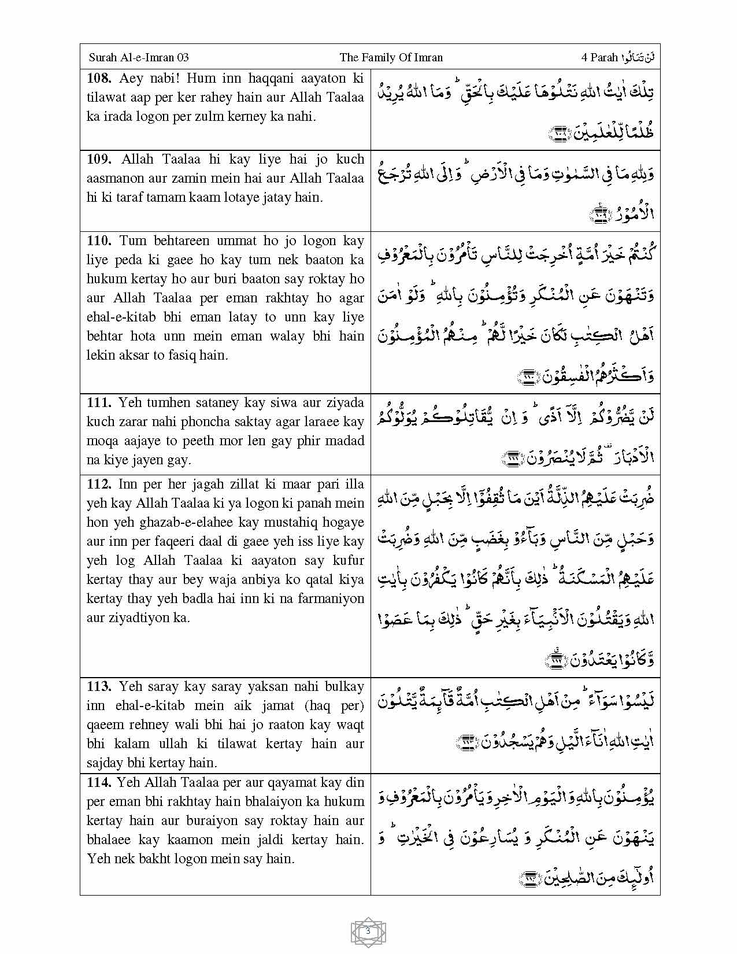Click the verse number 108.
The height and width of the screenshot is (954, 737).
pos(99,79)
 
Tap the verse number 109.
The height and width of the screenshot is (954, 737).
pos(99,160)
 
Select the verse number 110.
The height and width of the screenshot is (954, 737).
pos(99,241)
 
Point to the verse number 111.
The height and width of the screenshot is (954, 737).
pos(99,403)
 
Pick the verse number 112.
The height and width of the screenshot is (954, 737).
pos(99,485)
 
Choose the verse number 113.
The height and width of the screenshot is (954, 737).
pos(99,687)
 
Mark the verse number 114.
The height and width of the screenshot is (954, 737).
pos(98,783)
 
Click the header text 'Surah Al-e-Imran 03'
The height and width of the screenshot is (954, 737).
pos(139,57)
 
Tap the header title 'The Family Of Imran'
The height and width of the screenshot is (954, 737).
pos(391,57)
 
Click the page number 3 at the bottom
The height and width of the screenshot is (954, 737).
pos(368,931)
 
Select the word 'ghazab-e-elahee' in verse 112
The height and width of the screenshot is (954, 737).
pos(211,523)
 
